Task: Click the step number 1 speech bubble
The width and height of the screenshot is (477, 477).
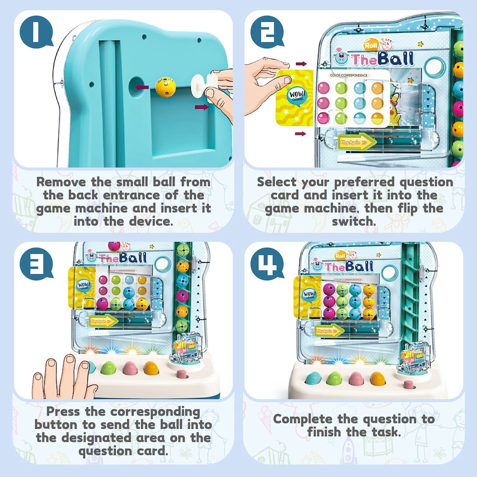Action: coord(36,33)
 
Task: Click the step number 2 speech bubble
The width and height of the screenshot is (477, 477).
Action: coord(267,33)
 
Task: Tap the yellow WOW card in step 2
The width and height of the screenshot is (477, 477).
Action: coord(293,96)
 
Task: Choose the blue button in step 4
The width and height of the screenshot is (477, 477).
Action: coord(313,379)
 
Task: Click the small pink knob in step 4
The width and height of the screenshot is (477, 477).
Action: coord(409,384)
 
